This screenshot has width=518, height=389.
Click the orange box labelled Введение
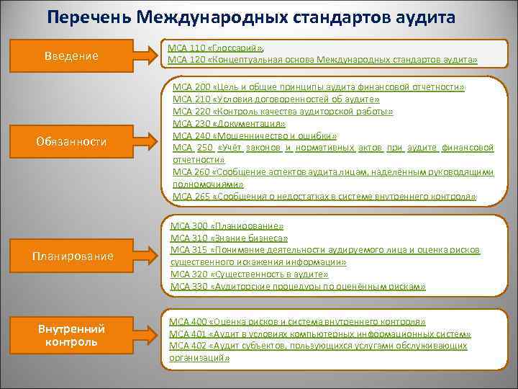tap(71, 55)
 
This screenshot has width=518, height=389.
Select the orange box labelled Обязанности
tap(71, 142)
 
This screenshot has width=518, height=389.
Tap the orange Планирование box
tap(71, 256)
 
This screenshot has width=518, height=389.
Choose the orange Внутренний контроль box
tap(71, 335)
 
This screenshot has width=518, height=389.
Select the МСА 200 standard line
tap(319, 86)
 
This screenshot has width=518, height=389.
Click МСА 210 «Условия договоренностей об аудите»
tap(276, 99)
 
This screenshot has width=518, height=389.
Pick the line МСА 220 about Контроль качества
tap(283, 112)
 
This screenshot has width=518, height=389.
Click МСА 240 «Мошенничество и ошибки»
tap(255, 135)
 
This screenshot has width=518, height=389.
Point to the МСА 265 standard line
tap(324, 196)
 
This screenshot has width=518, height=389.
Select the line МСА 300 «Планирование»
tap(227, 225)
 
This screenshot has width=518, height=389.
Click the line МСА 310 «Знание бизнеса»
tap(229, 238)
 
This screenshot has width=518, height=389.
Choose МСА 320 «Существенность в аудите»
tap(249, 274)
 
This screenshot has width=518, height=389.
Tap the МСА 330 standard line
tap(298, 286)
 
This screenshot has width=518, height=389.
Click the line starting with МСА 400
tap(297, 321)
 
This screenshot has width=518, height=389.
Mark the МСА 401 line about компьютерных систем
tap(320, 334)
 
